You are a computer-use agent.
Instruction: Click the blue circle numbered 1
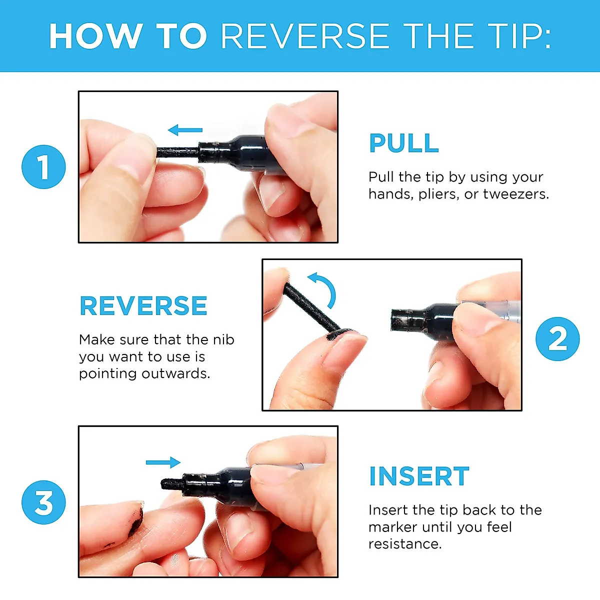[x=43, y=167]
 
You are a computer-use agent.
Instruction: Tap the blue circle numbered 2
[x=557, y=339]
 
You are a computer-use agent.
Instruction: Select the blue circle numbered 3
[x=43, y=502]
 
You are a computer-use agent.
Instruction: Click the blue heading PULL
[x=404, y=143]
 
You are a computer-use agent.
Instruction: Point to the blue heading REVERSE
[x=143, y=306]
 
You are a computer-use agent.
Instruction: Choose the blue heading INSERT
[x=419, y=476]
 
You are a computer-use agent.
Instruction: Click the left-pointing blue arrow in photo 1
[x=185, y=130]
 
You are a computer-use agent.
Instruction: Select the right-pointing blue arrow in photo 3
[x=163, y=462]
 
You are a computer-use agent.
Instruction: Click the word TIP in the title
[x=519, y=36]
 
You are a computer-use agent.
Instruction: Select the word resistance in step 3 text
[x=405, y=544]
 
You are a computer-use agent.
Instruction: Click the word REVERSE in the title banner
[x=305, y=36]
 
